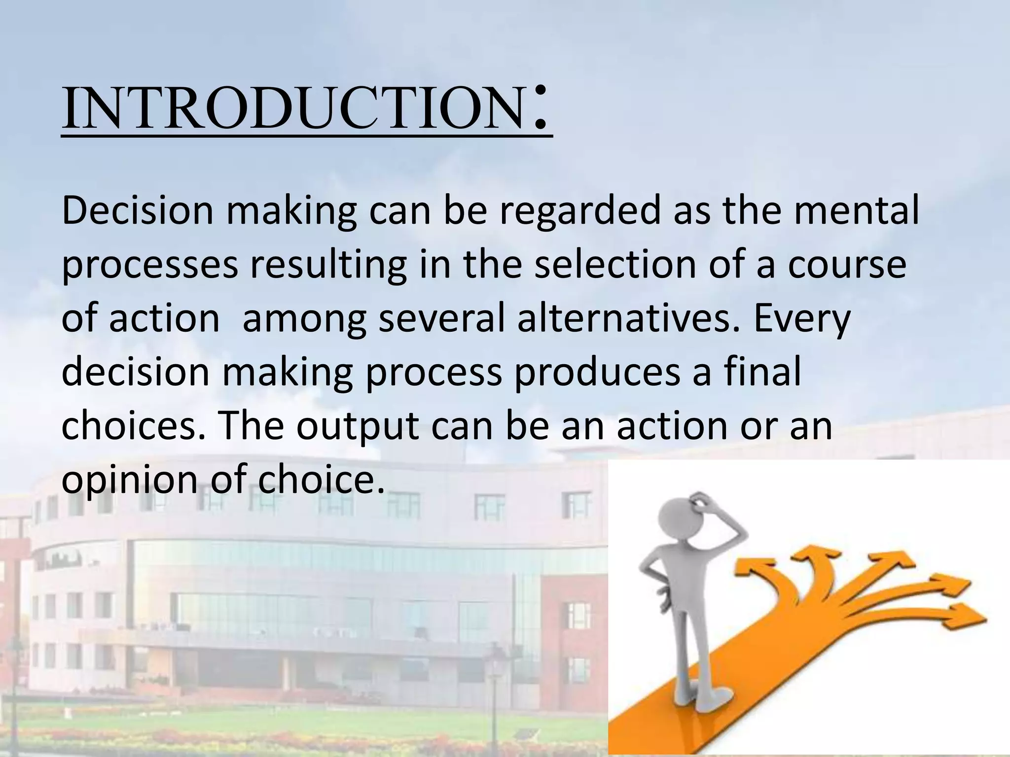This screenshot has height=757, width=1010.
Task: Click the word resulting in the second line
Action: click(328, 265)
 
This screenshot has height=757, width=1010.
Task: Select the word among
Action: click(305, 319)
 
